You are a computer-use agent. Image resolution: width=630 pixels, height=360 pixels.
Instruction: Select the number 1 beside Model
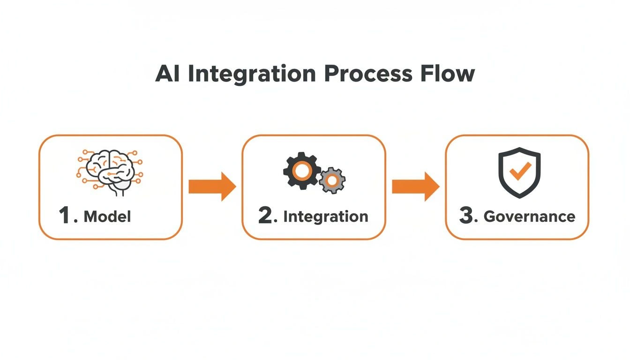click(65, 216)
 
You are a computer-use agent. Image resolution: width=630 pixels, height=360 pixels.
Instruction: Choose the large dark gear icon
click(302, 171)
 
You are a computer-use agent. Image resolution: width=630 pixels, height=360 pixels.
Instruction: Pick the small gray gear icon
click(332, 180)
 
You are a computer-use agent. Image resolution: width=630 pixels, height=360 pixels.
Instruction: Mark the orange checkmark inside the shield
click(519, 171)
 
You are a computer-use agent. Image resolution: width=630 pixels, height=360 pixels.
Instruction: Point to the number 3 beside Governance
click(467, 216)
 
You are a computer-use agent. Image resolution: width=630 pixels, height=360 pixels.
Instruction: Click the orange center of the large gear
click(302, 171)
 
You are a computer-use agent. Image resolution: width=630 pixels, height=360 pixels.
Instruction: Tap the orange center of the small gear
click(332, 180)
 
